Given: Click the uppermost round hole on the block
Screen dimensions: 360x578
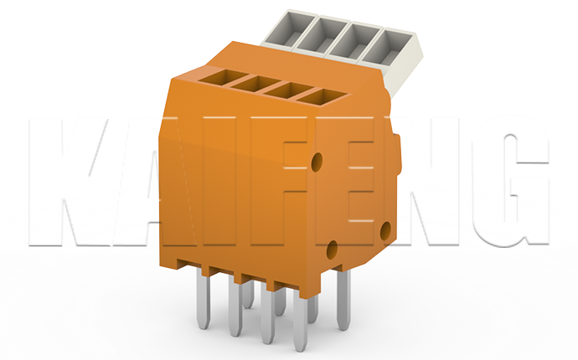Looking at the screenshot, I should tap(317, 158).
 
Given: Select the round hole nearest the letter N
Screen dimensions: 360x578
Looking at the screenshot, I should tap(384, 227).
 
